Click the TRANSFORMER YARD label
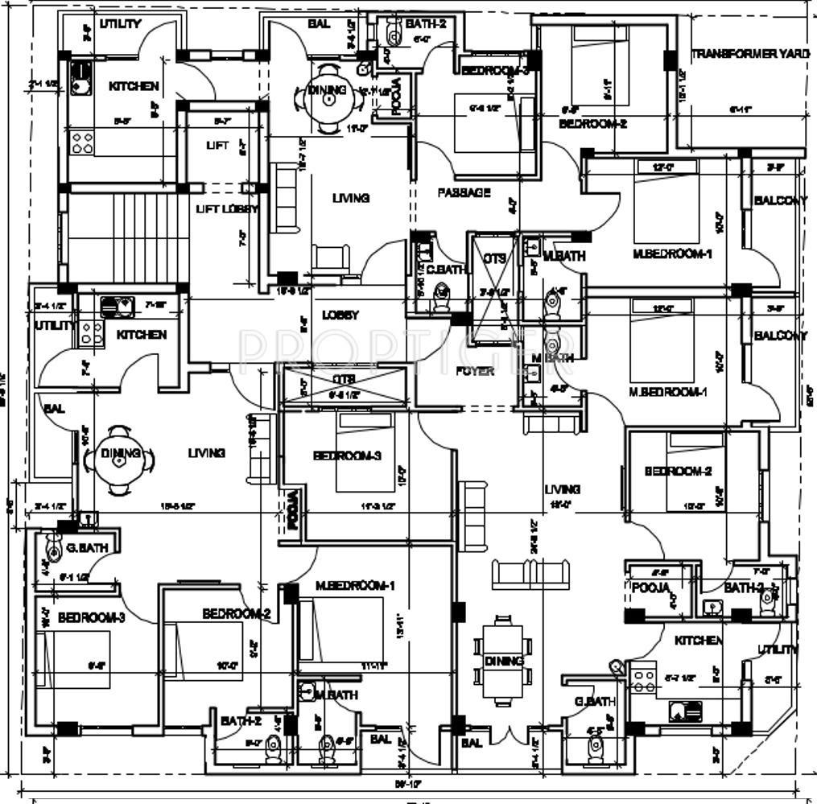point(749,54)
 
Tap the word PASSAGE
point(464,193)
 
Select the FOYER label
point(475,371)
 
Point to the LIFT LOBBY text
point(228,209)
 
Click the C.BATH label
point(446,270)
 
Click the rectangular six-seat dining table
point(503,661)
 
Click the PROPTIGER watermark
point(406,348)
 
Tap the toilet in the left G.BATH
point(54,550)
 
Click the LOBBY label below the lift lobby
point(340,315)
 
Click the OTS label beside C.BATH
point(493,258)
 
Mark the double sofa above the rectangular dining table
point(531,572)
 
